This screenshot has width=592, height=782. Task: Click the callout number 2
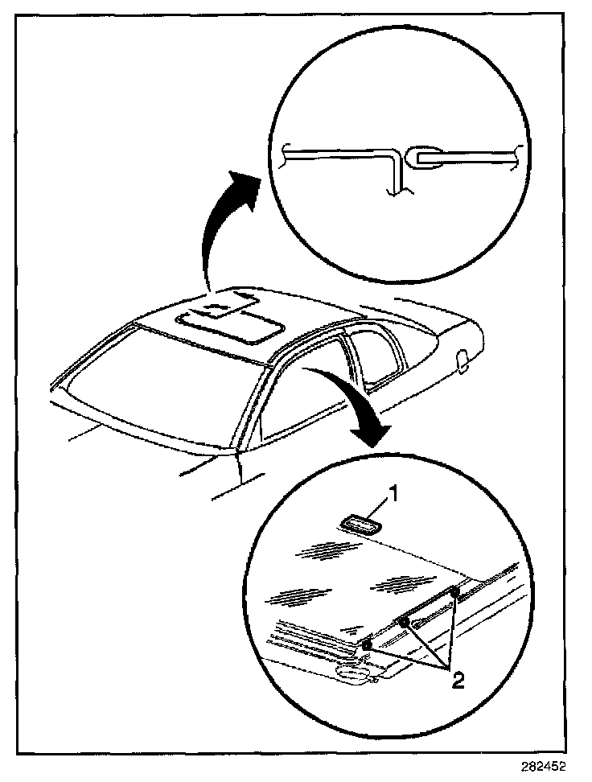pos(456,681)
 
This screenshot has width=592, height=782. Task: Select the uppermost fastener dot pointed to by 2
pos(454,593)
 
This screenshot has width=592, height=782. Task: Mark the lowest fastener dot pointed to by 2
pos(367,645)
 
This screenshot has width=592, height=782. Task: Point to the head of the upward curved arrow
pos(249,182)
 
